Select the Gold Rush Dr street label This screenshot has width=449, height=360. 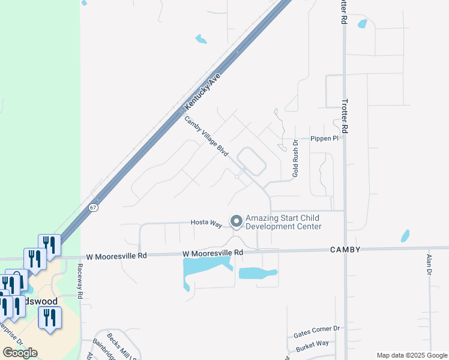tap(295, 159)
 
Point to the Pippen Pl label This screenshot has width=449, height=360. tap(325, 139)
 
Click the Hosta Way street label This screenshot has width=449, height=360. tap(206, 223)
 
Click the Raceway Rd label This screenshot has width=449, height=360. tap(79, 280)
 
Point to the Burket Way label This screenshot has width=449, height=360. tap(312, 344)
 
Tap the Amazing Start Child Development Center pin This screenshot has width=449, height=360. tap(236, 221)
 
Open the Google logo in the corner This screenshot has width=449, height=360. tap(20, 352)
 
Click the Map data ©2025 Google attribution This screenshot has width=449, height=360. tap(412, 355)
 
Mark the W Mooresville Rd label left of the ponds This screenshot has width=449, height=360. tap(116, 255)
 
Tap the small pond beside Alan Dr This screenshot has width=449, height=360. tap(405, 236)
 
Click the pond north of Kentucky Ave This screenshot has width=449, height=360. tap(201, 40)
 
